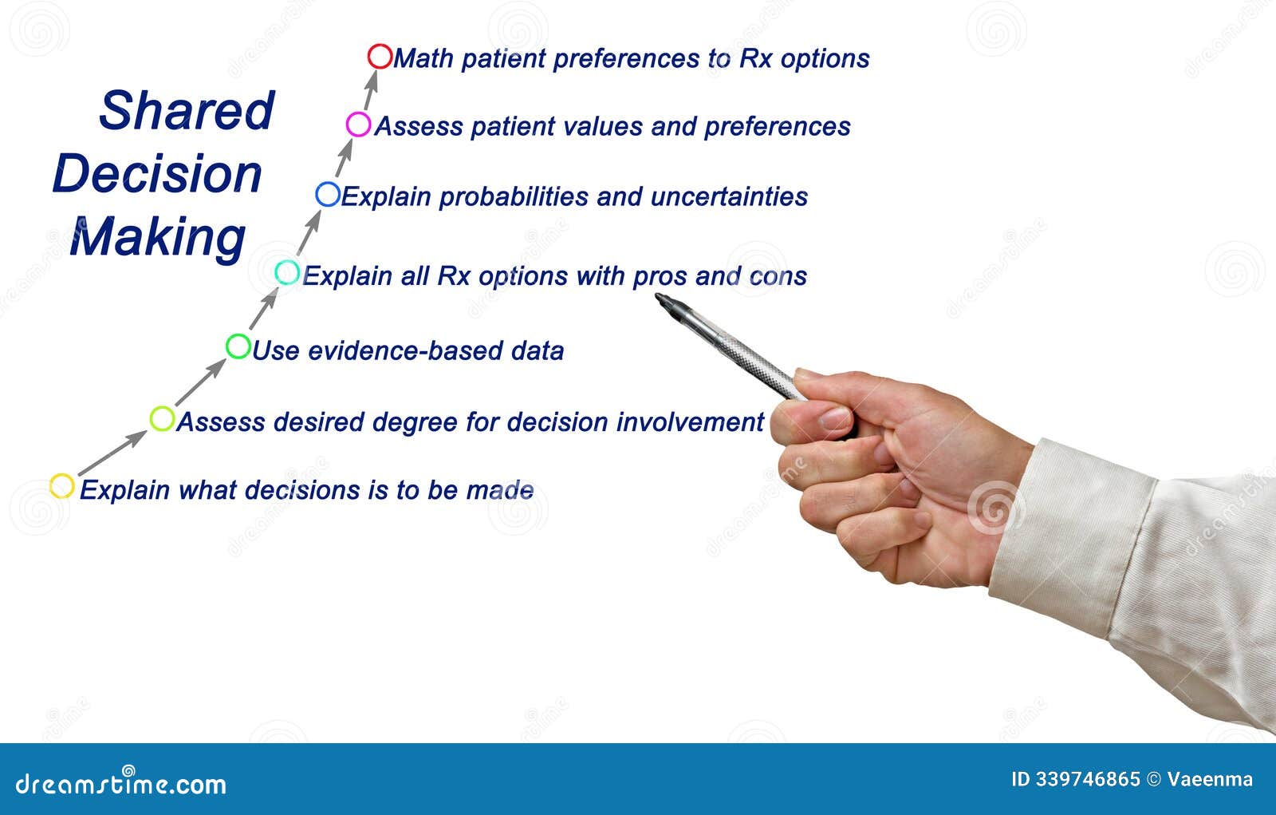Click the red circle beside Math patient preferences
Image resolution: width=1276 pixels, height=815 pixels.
pos(380,57)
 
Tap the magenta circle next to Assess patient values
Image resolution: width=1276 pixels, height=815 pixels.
pos(359,125)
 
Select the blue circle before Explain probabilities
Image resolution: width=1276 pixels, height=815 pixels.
pos(328,194)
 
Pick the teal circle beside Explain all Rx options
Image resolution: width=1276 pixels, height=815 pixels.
pos(287,273)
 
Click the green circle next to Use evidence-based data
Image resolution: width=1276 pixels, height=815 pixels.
pos(238,346)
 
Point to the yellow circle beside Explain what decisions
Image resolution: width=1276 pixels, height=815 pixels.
pos(62,486)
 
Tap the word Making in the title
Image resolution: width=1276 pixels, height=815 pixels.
pos(158,237)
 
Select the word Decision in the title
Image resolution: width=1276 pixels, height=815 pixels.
pos(157,174)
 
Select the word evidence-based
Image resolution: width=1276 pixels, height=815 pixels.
pos(385,350)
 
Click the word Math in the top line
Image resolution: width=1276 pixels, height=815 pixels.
pos(423,58)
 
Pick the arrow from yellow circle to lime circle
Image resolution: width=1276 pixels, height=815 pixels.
pos(112,453)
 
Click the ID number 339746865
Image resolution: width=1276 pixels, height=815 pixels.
pos(1088,779)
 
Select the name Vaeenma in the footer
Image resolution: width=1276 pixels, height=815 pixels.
pos(1210,779)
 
